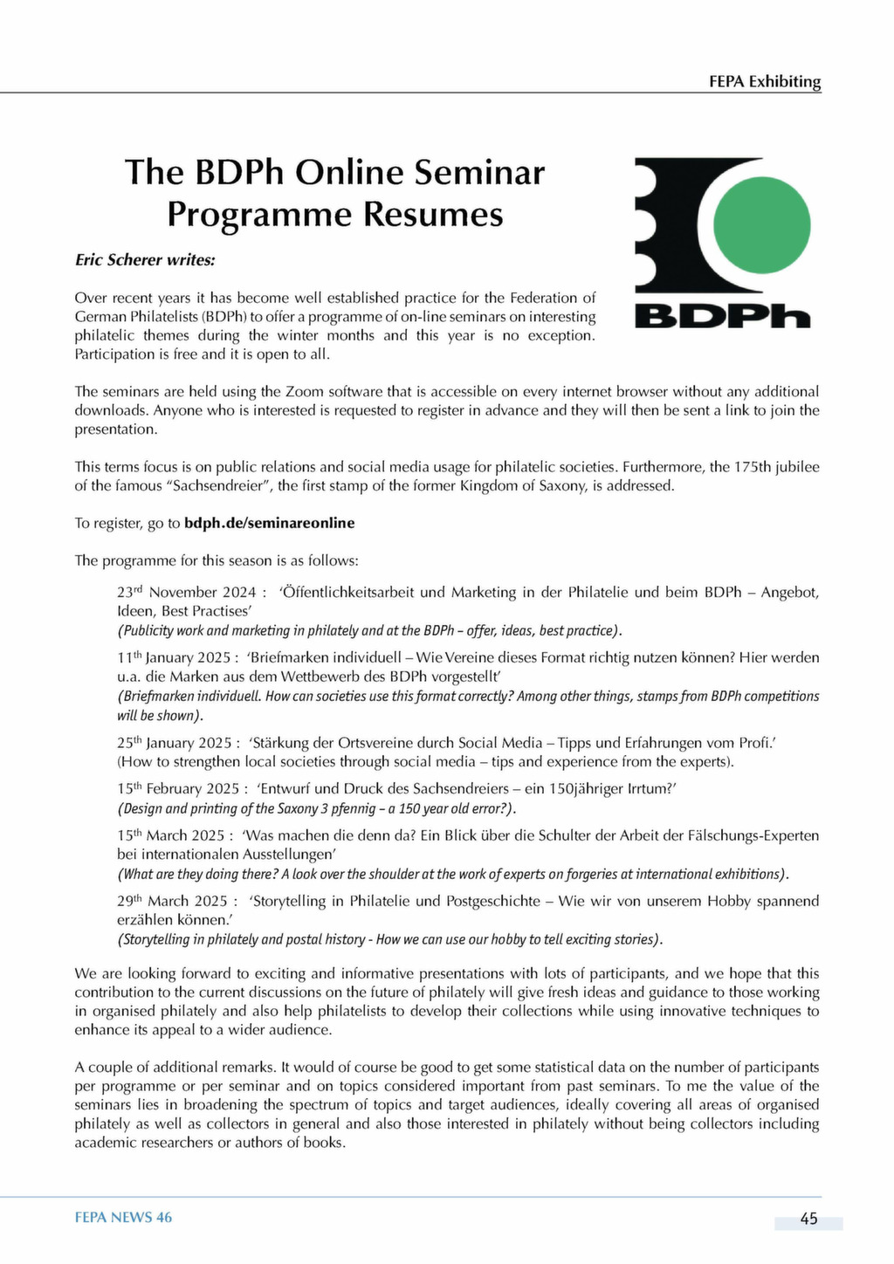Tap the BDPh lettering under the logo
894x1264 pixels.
pyautogui.click(x=722, y=315)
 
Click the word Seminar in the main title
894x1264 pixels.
pyautogui.click(x=478, y=172)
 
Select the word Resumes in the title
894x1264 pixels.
pyautogui.click(x=433, y=214)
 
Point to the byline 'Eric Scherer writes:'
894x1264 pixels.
pyautogui.click(x=144, y=260)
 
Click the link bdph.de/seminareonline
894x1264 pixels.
pyautogui.click(x=269, y=523)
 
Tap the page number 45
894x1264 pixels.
pyautogui.click(x=808, y=1219)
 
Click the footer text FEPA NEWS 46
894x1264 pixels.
pyautogui.click(x=123, y=1217)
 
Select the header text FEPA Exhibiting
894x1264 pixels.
pyautogui.click(x=765, y=81)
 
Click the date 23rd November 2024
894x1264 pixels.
pyautogui.click(x=187, y=593)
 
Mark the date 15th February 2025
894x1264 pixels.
pyautogui.click(x=181, y=789)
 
